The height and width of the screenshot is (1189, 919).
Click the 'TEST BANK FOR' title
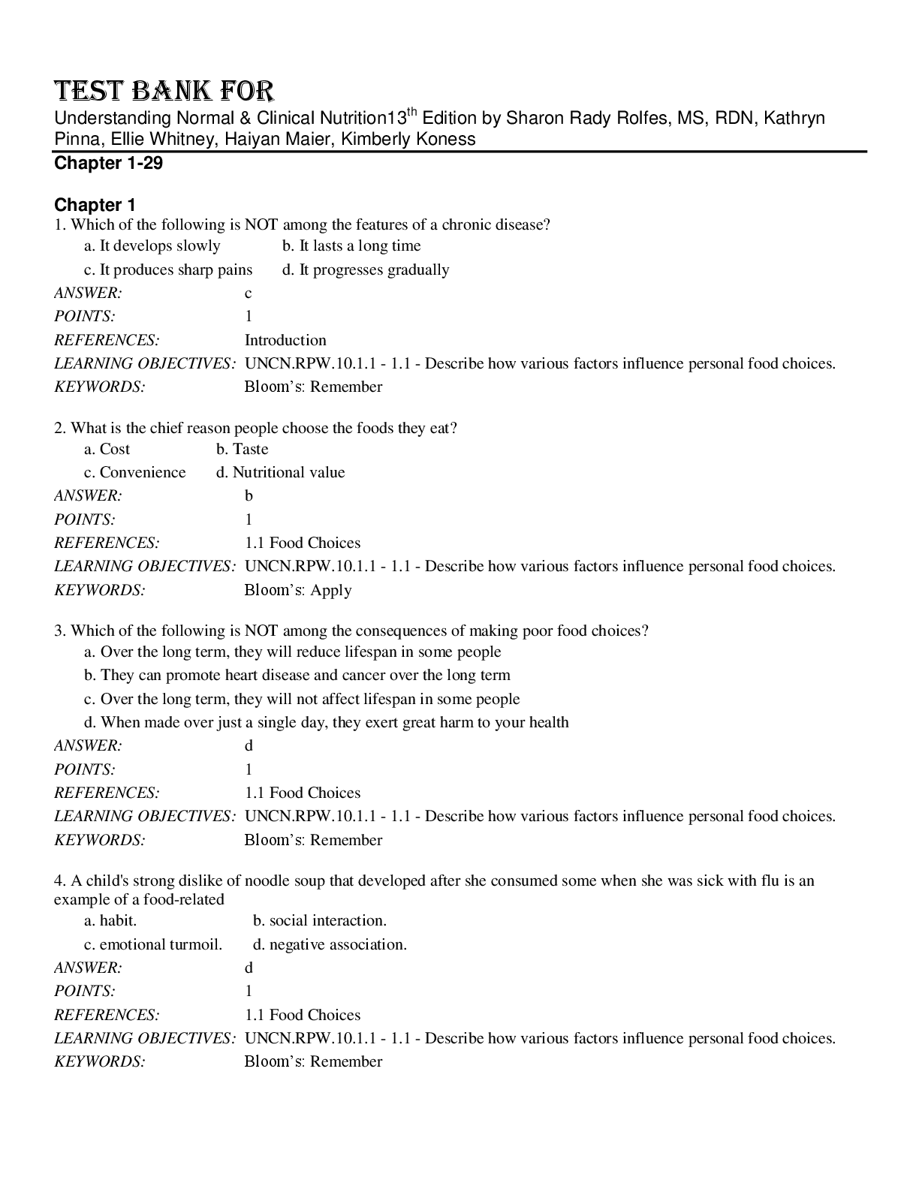pos(164,91)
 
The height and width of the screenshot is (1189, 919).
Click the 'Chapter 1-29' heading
pos(108,164)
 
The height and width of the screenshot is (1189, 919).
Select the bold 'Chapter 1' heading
pos(95,205)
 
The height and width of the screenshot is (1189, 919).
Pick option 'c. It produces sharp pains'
pos(168,269)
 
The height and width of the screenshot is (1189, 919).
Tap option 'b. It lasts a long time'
pos(351,245)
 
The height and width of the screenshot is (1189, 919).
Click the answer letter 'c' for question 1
pos(249,293)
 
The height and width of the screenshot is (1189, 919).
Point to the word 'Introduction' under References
pos(285,340)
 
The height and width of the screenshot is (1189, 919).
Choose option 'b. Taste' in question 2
pos(242,449)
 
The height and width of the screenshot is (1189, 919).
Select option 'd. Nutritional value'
pos(280,472)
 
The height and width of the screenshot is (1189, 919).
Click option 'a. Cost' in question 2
pos(107,449)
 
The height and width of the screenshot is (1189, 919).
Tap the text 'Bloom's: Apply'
pos(298,590)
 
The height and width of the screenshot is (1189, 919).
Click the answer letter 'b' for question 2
pos(249,495)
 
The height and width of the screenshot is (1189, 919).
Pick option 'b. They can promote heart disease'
pos(297,675)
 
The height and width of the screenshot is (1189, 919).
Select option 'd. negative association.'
pos(330,944)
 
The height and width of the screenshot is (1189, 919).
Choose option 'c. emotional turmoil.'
pos(153,944)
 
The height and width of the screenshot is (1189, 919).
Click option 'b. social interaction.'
pos(320,920)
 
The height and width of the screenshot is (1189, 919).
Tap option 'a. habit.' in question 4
pos(110,920)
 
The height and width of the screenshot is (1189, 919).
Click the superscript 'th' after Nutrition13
pos(411,113)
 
